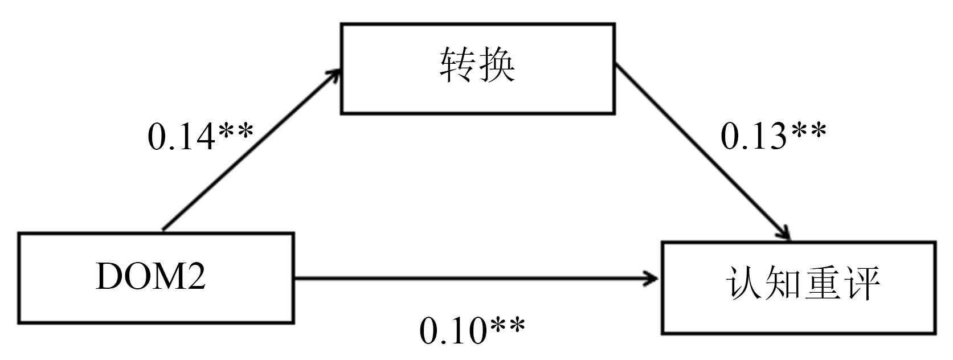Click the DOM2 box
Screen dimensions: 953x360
(156, 278)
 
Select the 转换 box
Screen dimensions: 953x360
(477, 68)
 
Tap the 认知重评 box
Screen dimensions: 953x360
(799, 288)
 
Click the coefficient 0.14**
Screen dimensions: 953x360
(200, 137)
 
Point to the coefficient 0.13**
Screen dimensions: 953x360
(773, 137)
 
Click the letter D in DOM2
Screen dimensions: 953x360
(109, 278)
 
